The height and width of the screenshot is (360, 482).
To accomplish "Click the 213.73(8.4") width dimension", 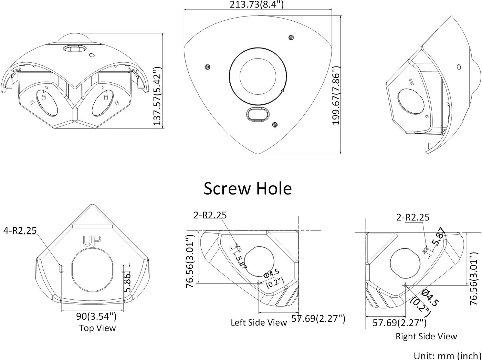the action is [x=256, y=4].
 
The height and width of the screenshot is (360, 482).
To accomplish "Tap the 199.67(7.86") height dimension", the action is [x=336, y=96].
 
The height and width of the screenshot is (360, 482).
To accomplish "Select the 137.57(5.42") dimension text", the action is [x=157, y=96].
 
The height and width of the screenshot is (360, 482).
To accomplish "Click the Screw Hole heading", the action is [x=248, y=188].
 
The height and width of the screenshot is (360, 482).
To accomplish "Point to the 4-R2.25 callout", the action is [x=20, y=230].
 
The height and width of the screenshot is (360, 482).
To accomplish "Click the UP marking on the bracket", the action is [x=92, y=241].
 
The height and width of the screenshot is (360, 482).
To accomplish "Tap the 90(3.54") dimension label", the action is [x=96, y=317].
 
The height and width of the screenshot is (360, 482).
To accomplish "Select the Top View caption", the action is [x=97, y=328].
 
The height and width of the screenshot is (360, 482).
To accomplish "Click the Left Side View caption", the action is [x=259, y=322].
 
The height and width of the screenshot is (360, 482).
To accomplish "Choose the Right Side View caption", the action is [x=426, y=336].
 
